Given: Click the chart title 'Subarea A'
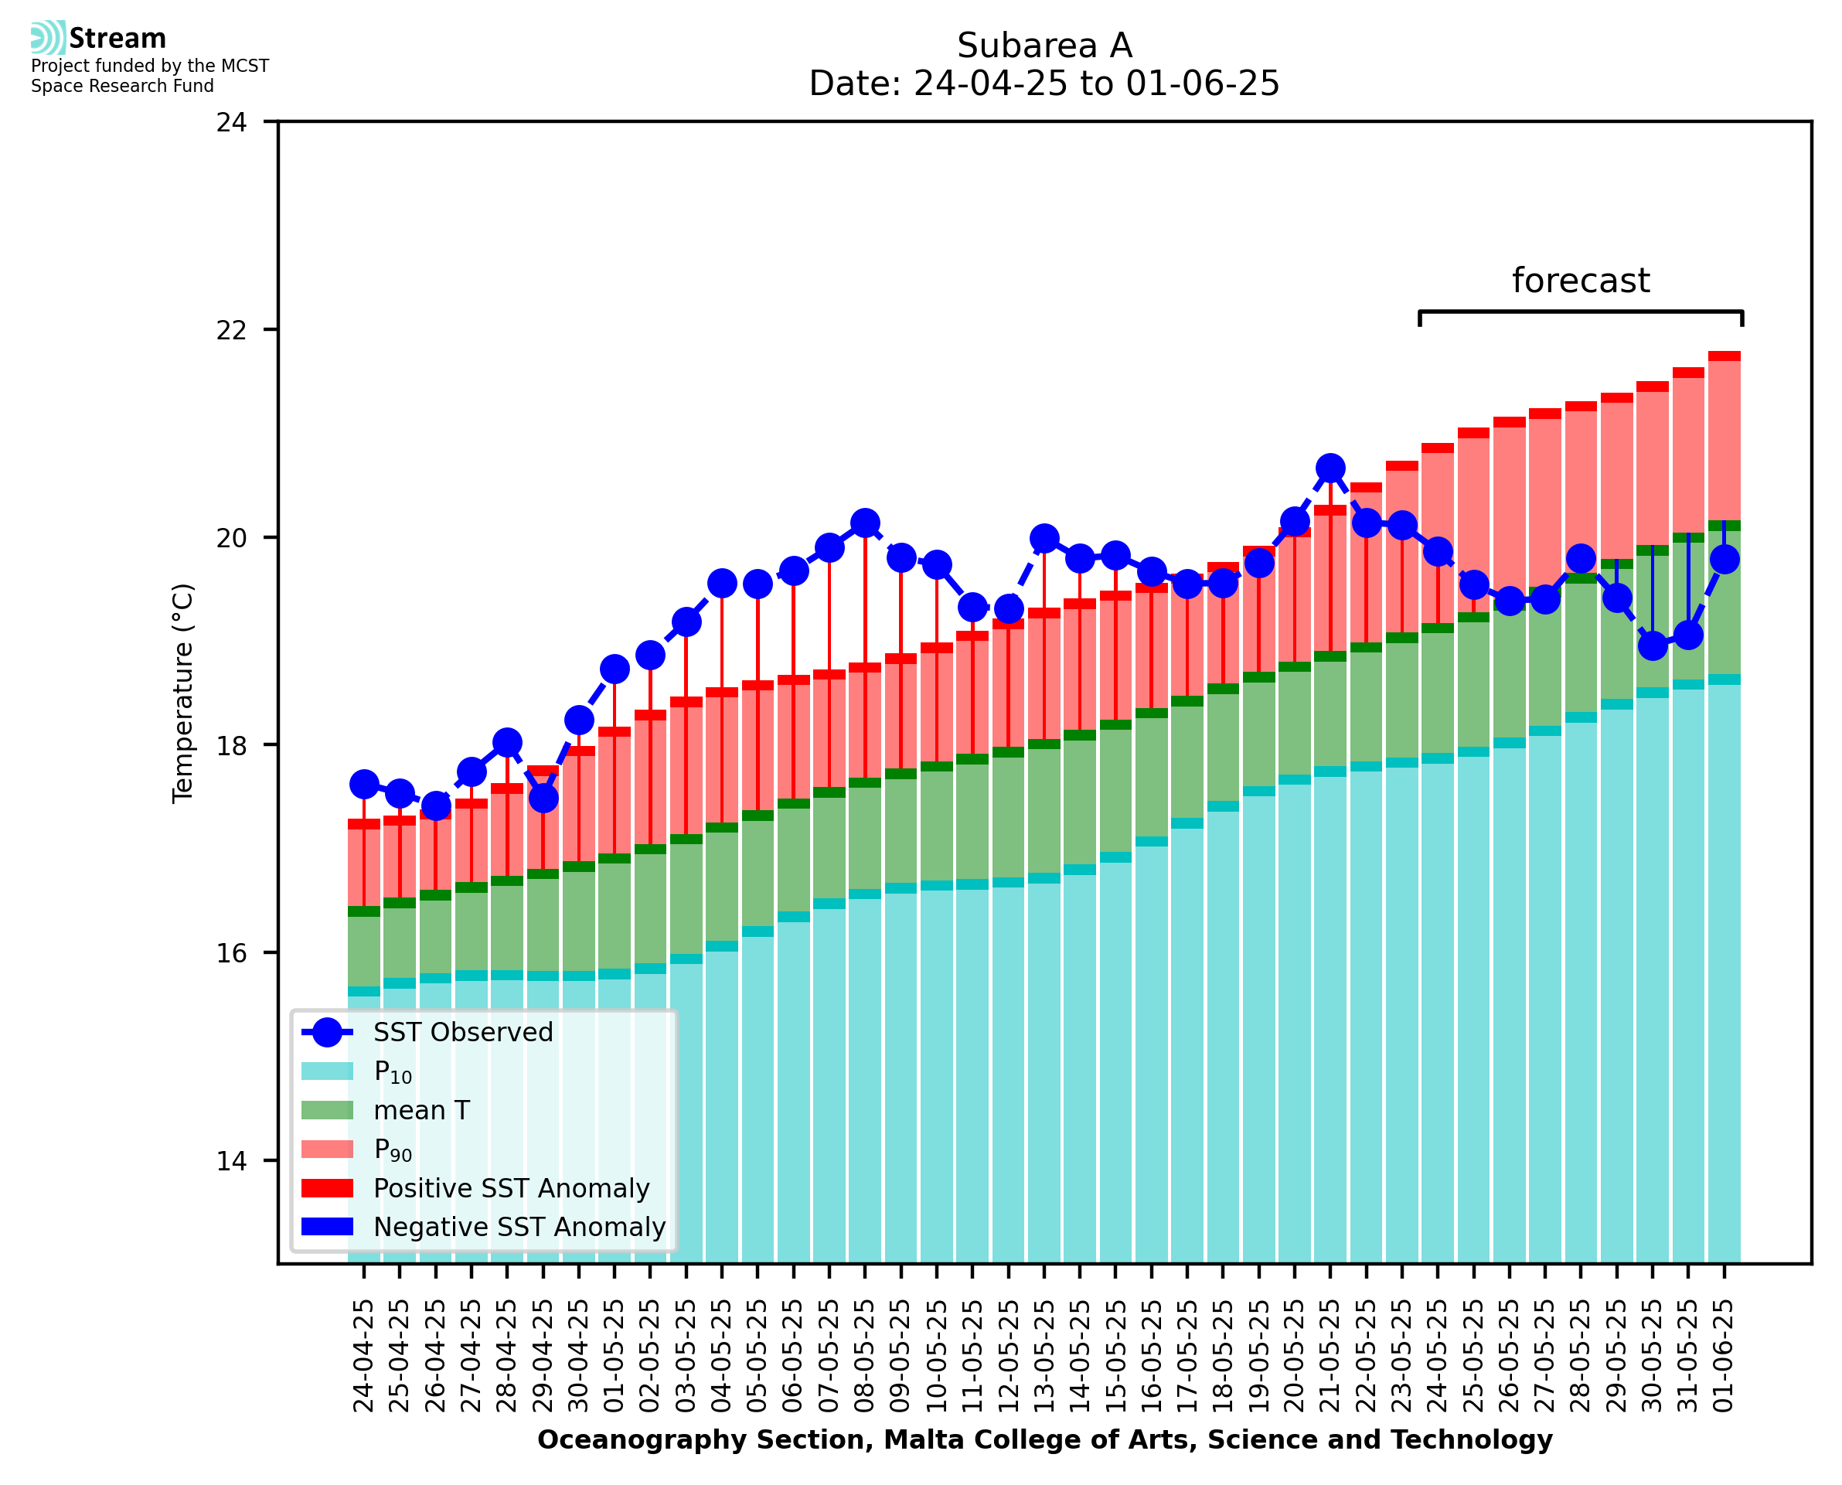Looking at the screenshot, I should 1044,46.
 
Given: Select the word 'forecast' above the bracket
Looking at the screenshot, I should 1580,281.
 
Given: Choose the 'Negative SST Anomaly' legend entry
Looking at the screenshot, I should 519,1227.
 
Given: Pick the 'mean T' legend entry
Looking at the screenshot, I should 421,1110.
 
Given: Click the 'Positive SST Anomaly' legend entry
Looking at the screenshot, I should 512,1188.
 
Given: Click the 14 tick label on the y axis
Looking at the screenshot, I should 231,1161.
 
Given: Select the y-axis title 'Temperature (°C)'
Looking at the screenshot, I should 183,693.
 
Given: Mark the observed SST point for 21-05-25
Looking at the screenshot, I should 1330,468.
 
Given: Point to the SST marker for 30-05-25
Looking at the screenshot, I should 1652,645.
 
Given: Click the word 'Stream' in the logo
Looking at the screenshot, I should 117,39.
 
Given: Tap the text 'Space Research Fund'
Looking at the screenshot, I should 122,87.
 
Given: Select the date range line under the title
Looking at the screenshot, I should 1044,83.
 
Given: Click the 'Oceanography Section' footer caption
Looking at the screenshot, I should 1044,1439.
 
